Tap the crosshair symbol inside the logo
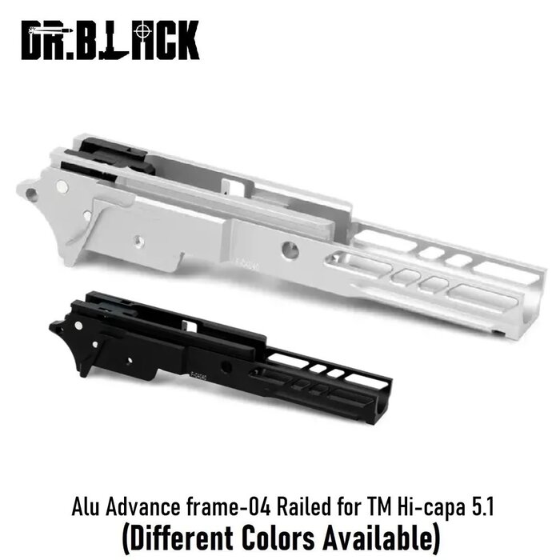[x=142, y=33]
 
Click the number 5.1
[x=473, y=506]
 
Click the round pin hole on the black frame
[x=226, y=367]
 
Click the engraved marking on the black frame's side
[x=196, y=370]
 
